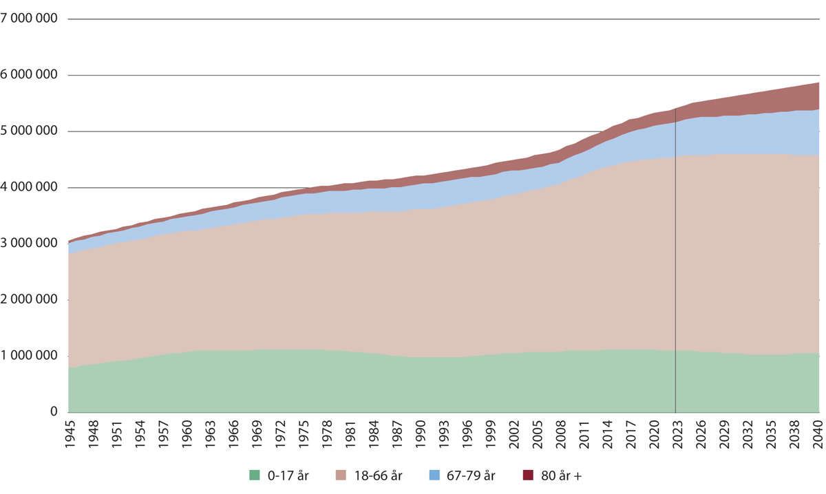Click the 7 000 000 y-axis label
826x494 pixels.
(x=29, y=19)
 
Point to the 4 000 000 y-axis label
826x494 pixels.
(x=29, y=187)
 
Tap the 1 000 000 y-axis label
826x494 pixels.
(x=29, y=356)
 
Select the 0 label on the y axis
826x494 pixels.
(x=53, y=412)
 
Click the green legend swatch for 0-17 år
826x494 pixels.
(x=255, y=475)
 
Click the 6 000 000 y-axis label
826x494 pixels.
(x=29, y=74)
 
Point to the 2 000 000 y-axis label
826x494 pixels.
(x=29, y=299)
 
